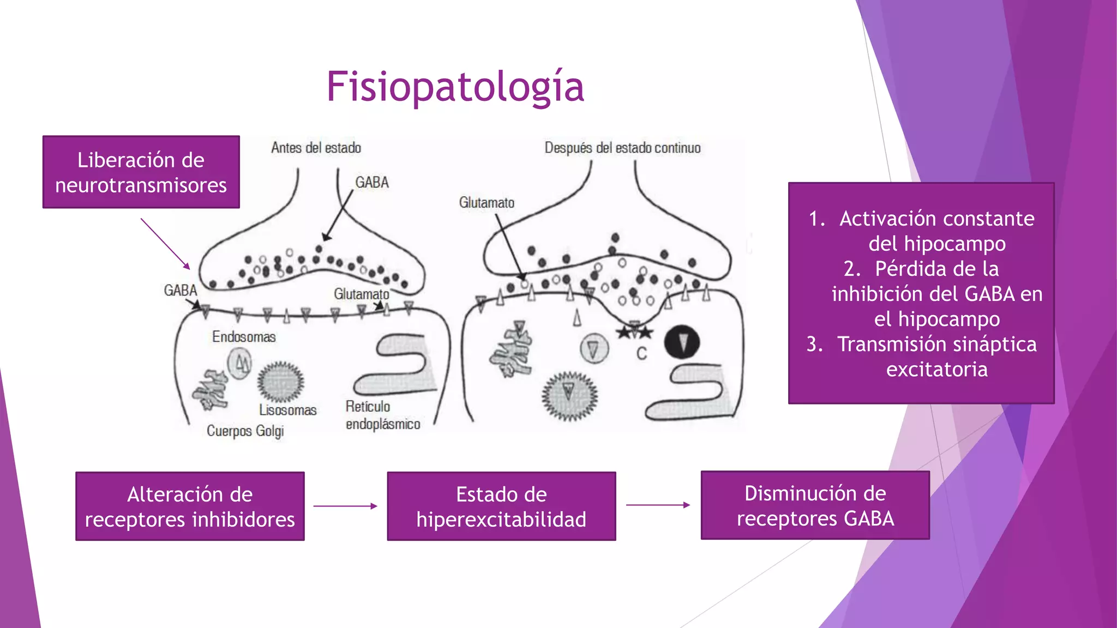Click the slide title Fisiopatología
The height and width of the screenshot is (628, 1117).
(x=455, y=87)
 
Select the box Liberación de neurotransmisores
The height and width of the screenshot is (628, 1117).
(x=141, y=172)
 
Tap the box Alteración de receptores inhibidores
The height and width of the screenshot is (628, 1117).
(x=190, y=506)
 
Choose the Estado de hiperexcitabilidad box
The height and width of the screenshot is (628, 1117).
(x=501, y=506)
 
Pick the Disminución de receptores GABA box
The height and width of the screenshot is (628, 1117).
(x=815, y=505)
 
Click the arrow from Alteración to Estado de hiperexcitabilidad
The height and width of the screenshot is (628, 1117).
(x=345, y=506)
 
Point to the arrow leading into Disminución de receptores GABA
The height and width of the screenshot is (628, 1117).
(x=658, y=505)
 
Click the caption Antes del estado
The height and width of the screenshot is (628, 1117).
(x=316, y=148)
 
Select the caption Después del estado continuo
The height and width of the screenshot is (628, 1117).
(x=622, y=148)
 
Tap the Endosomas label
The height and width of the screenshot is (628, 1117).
(x=244, y=337)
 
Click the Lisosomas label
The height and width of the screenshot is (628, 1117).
(x=287, y=410)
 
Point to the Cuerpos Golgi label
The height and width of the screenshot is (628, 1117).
(x=245, y=431)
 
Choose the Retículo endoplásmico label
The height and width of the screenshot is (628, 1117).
(x=383, y=415)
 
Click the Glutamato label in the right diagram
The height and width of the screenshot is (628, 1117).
(x=487, y=203)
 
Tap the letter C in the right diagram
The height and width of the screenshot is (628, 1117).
(x=641, y=354)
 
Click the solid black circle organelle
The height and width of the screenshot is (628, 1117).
(x=682, y=342)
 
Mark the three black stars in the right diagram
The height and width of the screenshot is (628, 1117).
(x=634, y=331)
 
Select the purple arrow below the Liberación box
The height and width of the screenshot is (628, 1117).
(x=165, y=244)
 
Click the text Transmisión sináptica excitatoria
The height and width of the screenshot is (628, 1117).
(x=937, y=357)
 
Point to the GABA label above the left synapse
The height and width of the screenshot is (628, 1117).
(x=372, y=182)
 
